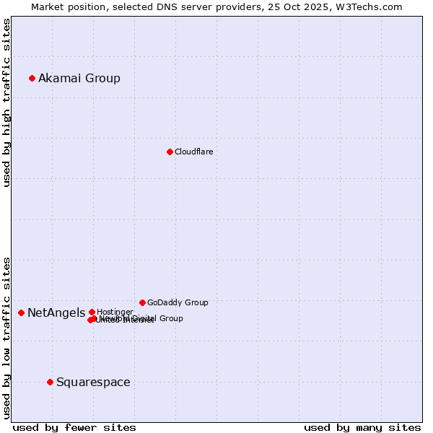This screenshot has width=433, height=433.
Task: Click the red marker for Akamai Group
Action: coord(32,78)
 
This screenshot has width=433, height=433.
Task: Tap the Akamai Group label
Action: coord(79,78)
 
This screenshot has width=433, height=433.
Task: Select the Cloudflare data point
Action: coord(170,152)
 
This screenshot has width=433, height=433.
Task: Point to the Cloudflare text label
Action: coord(193,152)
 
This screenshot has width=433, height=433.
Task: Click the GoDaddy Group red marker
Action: coord(142,302)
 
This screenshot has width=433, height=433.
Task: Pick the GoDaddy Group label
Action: coord(178,302)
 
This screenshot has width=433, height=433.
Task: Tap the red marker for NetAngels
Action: coord(22,312)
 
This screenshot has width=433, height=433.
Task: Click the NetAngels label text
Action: coord(56,312)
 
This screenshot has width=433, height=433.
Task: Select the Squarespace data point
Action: coord(50,382)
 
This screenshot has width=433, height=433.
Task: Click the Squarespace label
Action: coord(93,382)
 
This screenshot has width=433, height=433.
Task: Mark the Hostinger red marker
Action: coord(92,312)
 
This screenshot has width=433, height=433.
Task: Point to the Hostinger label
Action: coord(115,312)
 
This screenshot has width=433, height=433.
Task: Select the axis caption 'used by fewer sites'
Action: coord(74,428)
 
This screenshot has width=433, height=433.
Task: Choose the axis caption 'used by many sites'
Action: coord(362,428)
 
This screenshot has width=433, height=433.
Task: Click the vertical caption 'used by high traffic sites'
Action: coord(6,102)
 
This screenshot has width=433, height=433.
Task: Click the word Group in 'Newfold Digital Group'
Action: coord(170,318)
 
